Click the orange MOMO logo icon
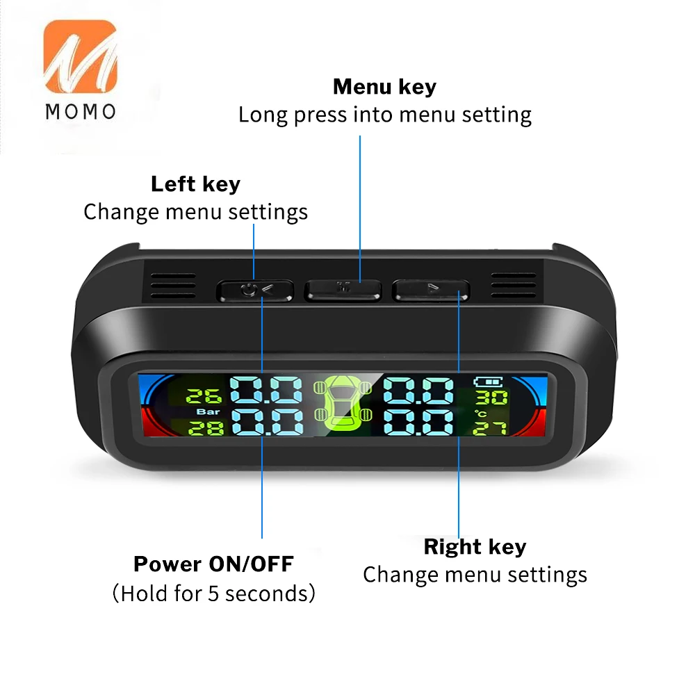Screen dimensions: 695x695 (80, 56)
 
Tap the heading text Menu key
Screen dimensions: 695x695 (384, 86)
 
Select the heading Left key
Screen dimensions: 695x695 (195, 184)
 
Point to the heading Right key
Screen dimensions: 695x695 (475, 546)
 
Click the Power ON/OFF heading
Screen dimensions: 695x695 (213, 564)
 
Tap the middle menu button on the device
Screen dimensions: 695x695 (343, 290)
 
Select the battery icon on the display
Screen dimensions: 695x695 (488, 382)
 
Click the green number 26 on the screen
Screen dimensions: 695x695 (204, 396)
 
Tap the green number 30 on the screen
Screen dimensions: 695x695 (491, 398)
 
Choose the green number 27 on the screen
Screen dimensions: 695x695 (490, 429)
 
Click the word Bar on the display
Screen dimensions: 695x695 (208, 411)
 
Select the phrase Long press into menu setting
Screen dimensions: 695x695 (385, 115)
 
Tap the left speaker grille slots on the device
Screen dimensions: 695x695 (173, 286)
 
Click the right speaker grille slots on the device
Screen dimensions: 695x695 (514, 286)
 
